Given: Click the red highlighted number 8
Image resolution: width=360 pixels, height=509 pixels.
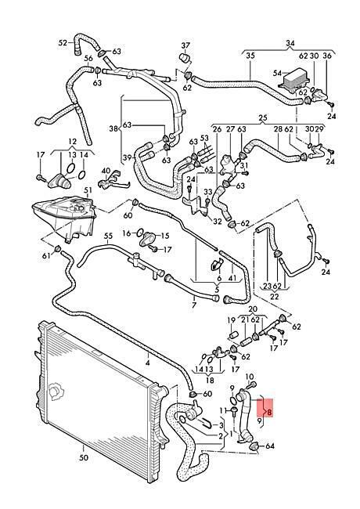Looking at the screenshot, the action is [x=269, y=412].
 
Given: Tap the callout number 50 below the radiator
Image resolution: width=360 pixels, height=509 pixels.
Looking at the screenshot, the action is [x=84, y=458].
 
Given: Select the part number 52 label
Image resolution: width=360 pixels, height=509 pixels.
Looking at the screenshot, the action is [x=63, y=42].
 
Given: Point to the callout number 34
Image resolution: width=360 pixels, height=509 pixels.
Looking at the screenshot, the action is [x=290, y=43].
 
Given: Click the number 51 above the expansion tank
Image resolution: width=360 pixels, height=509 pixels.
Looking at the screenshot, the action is [x=88, y=190].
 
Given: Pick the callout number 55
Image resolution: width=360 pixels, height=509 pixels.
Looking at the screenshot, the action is [x=108, y=236].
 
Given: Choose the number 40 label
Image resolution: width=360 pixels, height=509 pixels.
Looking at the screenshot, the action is [x=106, y=171].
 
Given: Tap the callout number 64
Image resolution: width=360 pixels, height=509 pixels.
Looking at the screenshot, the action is [x=270, y=446].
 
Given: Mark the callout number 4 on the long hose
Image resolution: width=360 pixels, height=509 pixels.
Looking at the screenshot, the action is [x=148, y=363].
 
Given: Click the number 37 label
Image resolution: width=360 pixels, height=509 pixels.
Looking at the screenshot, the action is [x=185, y=45].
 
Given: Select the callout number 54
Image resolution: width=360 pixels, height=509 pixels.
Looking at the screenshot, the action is [x=277, y=74].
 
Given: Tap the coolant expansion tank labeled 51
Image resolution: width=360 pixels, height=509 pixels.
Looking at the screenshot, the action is [x=64, y=216].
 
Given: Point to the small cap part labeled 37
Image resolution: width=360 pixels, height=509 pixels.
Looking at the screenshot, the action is [x=185, y=59].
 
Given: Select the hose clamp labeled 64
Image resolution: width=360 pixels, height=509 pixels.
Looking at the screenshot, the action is [x=254, y=446].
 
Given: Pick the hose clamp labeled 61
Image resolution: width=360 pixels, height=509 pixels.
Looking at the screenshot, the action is [x=58, y=249].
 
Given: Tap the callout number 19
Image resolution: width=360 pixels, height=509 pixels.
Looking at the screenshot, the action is [x=231, y=320].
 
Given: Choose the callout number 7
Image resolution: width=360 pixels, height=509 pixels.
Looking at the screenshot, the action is [x=194, y=305].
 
